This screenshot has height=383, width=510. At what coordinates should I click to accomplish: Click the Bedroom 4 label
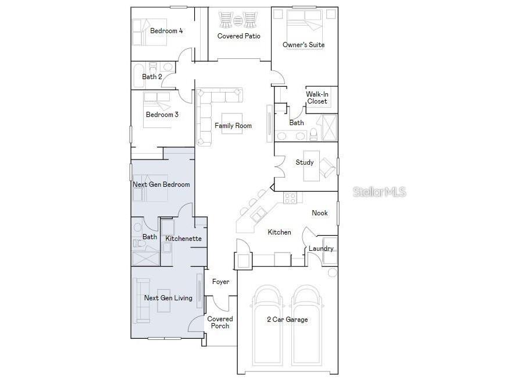click(x=166, y=31)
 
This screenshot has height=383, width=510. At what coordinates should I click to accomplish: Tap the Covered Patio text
click(x=239, y=36)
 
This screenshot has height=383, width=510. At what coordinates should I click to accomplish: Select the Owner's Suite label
click(x=304, y=45)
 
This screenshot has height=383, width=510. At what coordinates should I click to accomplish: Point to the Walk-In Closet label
click(x=317, y=98)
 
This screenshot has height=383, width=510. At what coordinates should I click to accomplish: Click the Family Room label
click(x=233, y=126)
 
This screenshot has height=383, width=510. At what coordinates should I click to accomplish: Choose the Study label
click(x=305, y=162)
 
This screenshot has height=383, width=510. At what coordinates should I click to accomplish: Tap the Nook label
click(x=320, y=213)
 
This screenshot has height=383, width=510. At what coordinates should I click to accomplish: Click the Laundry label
click(x=321, y=249)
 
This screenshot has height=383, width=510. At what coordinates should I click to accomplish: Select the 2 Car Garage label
click(x=287, y=320)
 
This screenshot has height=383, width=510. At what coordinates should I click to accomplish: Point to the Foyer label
click(x=220, y=282)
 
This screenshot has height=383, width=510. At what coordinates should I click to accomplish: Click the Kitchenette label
click(x=183, y=239)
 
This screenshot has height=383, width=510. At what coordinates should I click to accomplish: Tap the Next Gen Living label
click(x=168, y=298)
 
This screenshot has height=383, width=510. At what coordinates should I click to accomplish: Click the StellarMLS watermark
click(x=380, y=192)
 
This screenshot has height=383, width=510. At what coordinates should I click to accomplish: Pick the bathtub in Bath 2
click(x=139, y=76)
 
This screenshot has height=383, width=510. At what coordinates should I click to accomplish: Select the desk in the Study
click(x=311, y=166)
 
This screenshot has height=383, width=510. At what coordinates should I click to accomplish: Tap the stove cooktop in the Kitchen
click(x=290, y=198)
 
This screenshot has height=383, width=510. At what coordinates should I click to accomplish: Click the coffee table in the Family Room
click(x=232, y=123)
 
